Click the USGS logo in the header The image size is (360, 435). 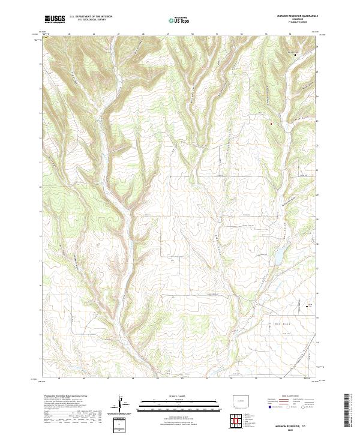point(55,19)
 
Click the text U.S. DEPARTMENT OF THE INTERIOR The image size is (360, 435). point(91,17)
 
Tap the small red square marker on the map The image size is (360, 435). point(271,124)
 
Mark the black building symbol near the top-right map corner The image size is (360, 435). point(296,55)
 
